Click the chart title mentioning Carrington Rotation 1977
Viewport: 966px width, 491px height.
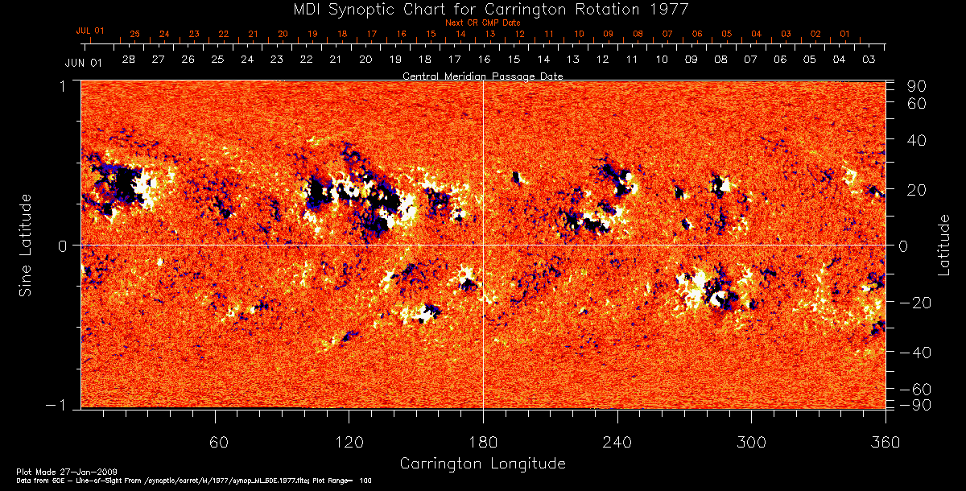pos(483,10)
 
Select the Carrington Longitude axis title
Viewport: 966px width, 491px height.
pos(482,464)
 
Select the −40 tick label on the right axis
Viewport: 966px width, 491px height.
pos(916,353)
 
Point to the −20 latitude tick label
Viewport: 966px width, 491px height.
pos(916,303)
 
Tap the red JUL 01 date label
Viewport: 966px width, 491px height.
pos(90,31)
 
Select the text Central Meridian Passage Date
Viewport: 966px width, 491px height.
pos(483,76)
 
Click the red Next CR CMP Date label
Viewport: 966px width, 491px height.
pos(483,23)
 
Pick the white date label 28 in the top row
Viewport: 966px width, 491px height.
pos(128,60)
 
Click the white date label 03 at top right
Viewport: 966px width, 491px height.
pos(869,60)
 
